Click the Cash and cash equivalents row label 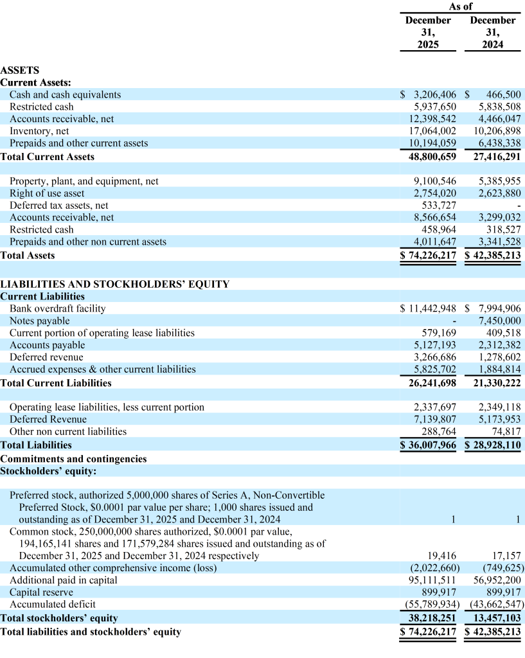point(65,94)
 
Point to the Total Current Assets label point(48,157)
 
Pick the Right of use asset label point(47,193)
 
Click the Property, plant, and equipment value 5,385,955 point(500,181)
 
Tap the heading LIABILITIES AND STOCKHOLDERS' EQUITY point(114,284)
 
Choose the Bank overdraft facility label point(58,308)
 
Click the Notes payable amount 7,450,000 point(500,321)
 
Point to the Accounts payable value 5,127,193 point(435,345)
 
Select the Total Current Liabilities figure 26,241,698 point(432,383)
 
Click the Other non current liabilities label point(68,432)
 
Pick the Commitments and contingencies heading point(73,459)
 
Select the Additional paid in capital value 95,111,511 point(432,580)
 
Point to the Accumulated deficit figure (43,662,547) point(497,605)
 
